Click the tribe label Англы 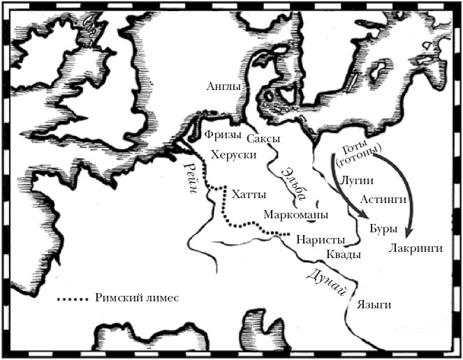click(223, 87)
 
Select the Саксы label click(263, 139)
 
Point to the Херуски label click(234, 156)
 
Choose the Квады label click(344, 255)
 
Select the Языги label click(373, 305)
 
